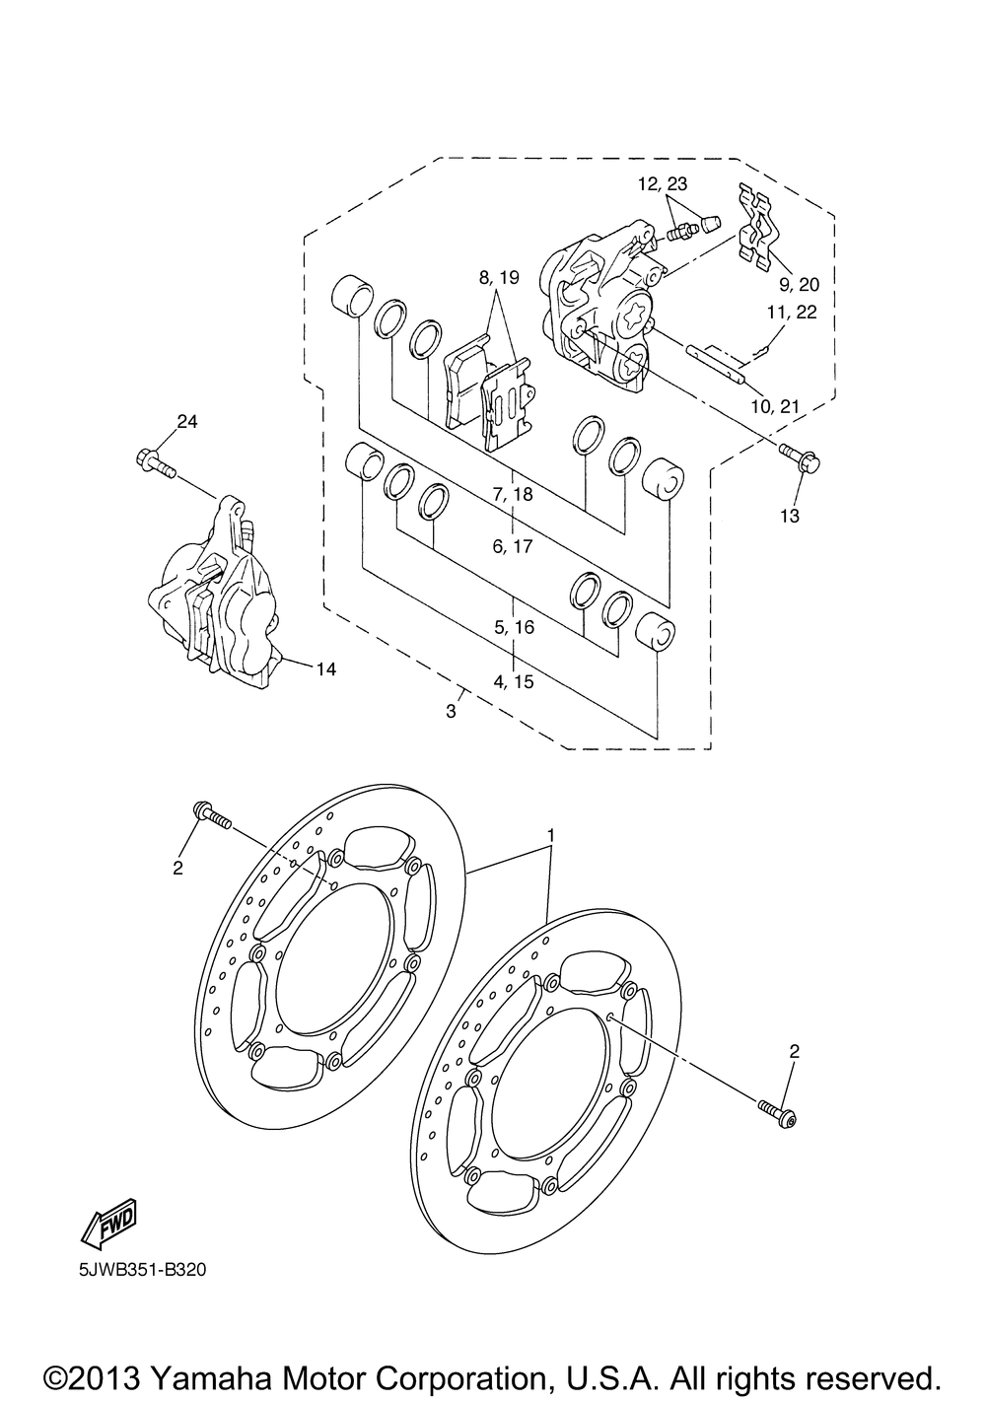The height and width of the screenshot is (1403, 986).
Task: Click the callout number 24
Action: click(x=187, y=423)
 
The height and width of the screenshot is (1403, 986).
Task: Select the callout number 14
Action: click(x=326, y=669)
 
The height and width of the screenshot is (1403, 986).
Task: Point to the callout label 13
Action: click(x=790, y=515)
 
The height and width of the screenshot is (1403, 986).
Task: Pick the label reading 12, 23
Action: click(x=689, y=183)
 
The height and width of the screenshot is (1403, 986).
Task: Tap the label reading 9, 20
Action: click(x=799, y=284)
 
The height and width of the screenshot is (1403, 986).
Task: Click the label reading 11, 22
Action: click(x=793, y=313)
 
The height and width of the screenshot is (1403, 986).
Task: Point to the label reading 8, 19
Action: click(x=499, y=278)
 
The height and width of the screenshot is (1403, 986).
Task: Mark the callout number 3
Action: click(x=451, y=712)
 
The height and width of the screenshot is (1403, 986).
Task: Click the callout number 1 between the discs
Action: click(x=551, y=835)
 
